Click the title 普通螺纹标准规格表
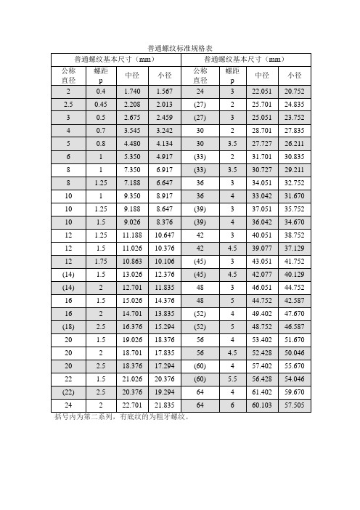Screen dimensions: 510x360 click(179, 47)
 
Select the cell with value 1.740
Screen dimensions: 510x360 click(133, 92)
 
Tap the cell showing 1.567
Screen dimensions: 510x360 click(164, 92)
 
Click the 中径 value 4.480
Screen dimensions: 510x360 click(133, 144)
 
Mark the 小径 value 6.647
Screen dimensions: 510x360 click(164, 183)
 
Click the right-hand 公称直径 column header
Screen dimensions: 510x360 click(200, 75)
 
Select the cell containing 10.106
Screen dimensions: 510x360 click(164, 262)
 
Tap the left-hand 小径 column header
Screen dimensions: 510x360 click(164, 75)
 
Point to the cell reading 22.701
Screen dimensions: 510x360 click(133, 405)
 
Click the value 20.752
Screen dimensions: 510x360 click(294, 92)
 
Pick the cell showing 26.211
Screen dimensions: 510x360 click(294, 144)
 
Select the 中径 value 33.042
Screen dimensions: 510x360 click(261, 196)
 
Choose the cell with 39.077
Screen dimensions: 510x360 click(261, 248)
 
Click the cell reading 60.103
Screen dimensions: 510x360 click(261, 405)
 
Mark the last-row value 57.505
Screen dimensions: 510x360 click(294, 405)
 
